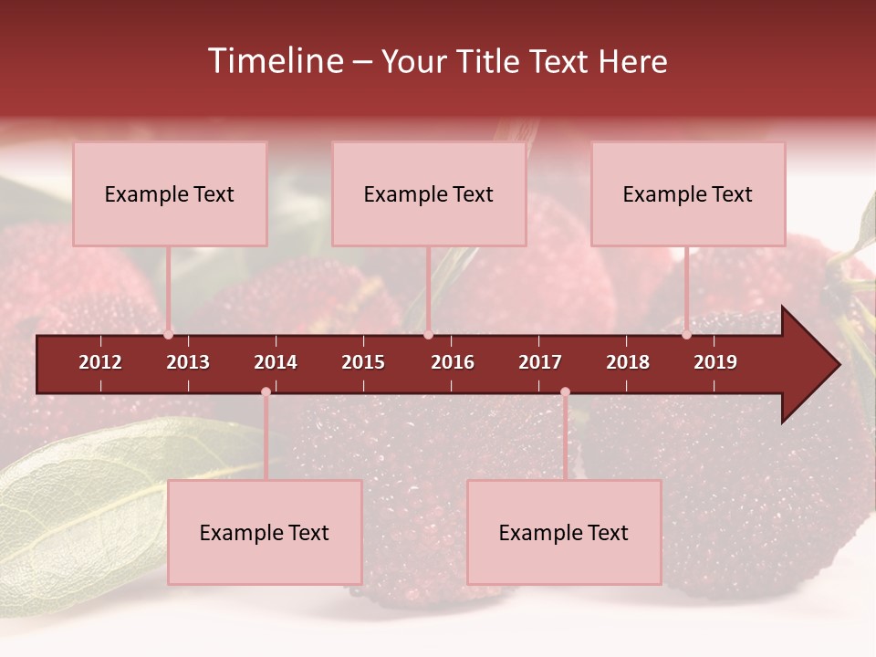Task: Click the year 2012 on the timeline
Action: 100,362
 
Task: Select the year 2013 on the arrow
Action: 188,362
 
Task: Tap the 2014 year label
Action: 276,362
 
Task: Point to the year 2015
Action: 363,362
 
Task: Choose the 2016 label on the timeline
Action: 453,362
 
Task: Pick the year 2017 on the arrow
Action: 540,362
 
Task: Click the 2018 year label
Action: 628,362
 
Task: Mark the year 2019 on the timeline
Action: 715,362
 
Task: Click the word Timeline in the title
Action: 273,61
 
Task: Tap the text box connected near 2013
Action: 170,194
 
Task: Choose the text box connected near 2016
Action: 429,194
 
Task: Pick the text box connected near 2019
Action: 688,194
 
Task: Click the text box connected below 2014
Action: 265,533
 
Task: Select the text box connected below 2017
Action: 564,533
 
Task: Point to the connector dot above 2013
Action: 168,335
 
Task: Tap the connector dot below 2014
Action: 266,392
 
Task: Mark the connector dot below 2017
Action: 565,392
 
